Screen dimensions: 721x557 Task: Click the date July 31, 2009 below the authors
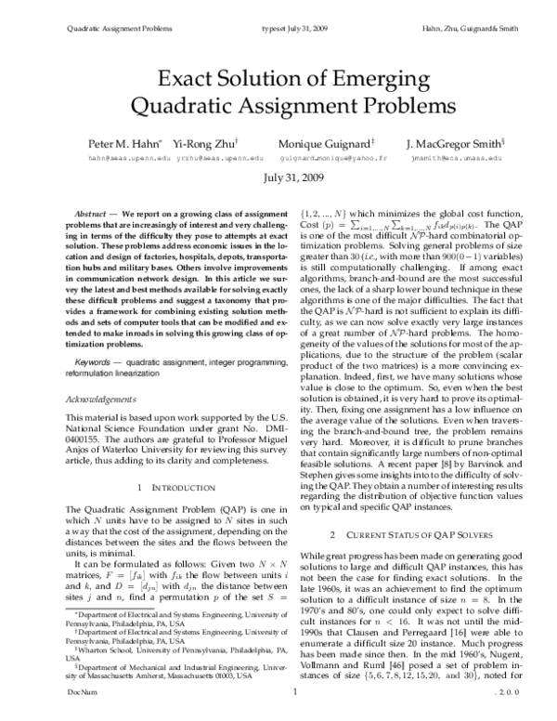click(x=278, y=177)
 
